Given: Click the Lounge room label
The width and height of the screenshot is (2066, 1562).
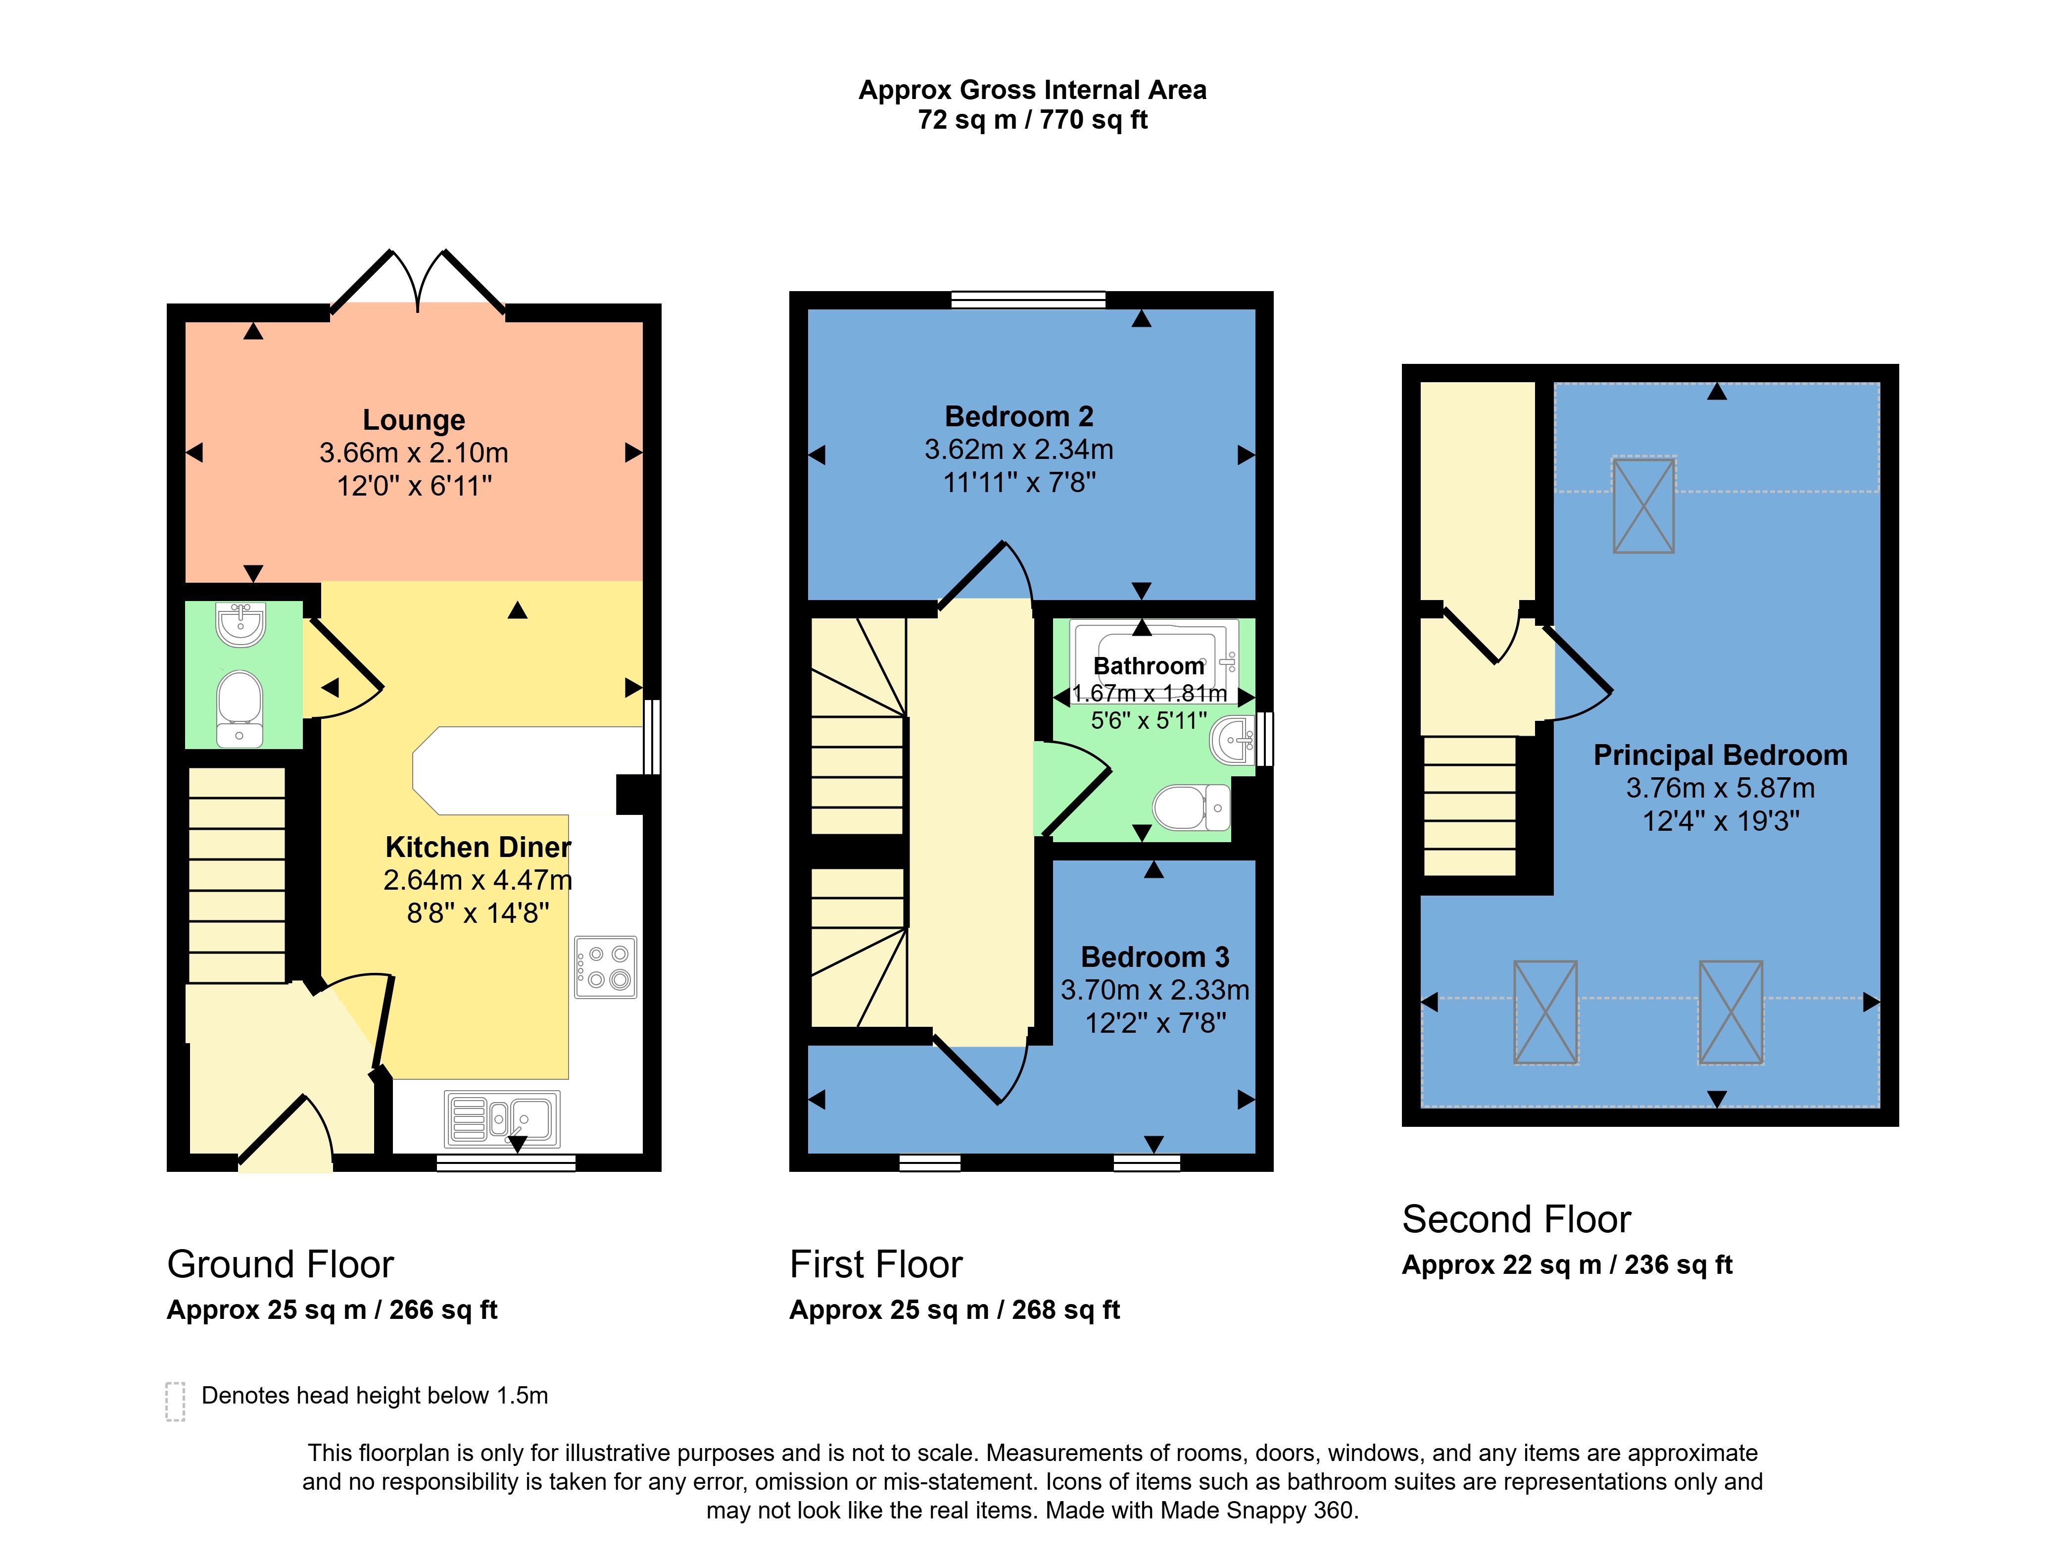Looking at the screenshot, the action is pos(414,420).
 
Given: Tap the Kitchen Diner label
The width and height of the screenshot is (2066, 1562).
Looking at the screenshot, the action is pos(478,847).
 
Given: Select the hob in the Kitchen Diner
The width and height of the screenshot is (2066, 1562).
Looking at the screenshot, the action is pos(605,967).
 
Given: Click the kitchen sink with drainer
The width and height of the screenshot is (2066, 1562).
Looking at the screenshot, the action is pos(502,1118).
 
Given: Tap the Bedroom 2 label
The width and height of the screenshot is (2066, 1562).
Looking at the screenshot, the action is pos(1019,417).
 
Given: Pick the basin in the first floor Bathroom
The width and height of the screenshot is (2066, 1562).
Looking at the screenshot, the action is pos(1232,740).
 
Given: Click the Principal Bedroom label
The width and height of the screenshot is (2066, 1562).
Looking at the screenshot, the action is pos(1721,755).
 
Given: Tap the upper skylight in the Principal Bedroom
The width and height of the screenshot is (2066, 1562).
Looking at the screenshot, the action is pos(1644,504).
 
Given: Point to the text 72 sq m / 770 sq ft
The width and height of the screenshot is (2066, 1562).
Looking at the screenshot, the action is pos(1033,120).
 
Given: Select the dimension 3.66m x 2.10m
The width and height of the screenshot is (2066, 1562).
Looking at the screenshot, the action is pos(414,453).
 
